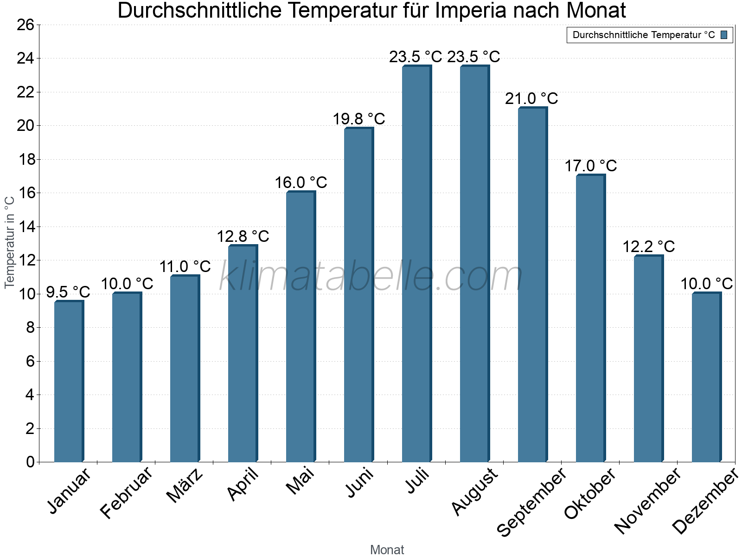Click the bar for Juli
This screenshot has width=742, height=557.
(416, 264)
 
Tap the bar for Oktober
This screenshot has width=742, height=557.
(590, 318)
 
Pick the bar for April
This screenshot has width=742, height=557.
(243, 354)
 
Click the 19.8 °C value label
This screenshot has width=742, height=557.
(359, 119)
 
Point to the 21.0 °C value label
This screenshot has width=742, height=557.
(531, 99)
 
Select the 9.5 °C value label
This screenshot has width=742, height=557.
(68, 292)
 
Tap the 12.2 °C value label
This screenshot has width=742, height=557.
(648, 247)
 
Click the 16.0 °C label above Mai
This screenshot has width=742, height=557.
(301, 183)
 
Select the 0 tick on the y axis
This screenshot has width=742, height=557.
(31, 462)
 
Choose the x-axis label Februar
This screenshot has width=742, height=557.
(126, 492)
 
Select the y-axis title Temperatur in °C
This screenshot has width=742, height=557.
(10, 242)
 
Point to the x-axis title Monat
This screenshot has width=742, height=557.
(387, 550)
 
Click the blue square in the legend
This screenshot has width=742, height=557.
(724, 35)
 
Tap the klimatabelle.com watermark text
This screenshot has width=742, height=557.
(371, 277)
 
